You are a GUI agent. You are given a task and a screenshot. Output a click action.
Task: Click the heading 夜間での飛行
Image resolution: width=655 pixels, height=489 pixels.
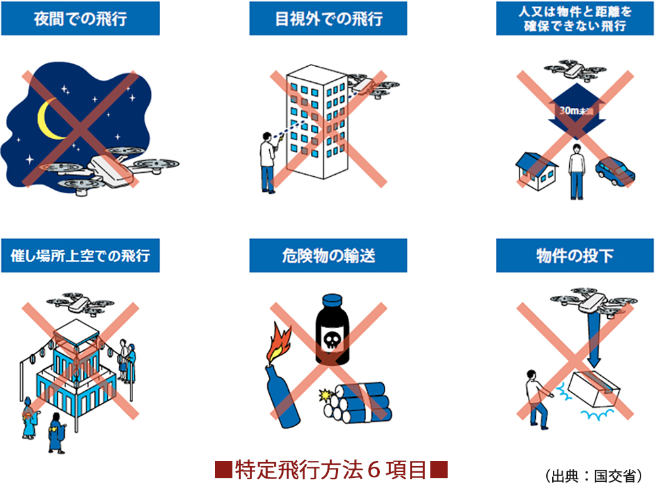[80, 19]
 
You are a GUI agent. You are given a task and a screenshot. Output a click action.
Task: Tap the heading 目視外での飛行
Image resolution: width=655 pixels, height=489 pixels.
[328, 19]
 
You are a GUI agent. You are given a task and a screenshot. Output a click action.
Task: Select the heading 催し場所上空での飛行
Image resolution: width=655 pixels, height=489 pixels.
[80, 255]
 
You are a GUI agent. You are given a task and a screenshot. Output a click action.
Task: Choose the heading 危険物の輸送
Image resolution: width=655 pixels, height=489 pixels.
[328, 255]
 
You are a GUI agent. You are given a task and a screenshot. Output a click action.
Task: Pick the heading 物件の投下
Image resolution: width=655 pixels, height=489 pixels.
[575, 255]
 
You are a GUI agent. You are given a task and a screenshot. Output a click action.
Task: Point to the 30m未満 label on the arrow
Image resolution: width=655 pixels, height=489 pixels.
[576, 111]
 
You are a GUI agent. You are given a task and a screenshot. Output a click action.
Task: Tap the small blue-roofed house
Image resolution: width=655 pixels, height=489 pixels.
[537, 172]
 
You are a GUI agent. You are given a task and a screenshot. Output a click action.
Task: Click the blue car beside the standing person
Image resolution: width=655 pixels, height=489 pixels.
[615, 172]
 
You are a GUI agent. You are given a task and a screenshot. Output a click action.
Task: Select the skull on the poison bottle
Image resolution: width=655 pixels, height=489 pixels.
[332, 340]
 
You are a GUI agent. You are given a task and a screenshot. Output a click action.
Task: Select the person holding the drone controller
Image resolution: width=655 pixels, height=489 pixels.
[268, 163]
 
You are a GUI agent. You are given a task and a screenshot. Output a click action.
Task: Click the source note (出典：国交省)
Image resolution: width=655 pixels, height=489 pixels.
[593, 476]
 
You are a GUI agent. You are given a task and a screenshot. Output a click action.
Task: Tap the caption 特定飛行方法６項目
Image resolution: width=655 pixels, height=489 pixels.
[331, 469]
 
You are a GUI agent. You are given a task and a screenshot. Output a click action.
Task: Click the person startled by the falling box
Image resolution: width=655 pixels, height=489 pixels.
[538, 399]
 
